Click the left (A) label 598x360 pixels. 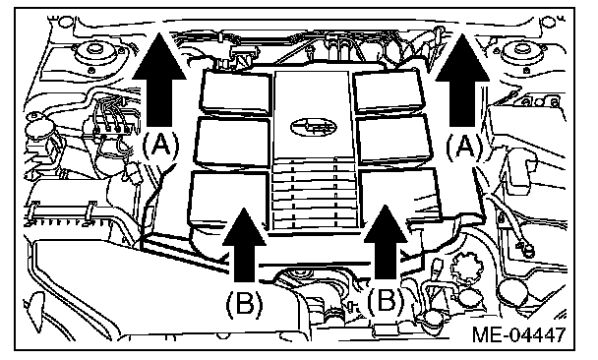click(x=160, y=146)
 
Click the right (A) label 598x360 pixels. click(x=464, y=146)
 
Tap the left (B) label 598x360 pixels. click(x=245, y=304)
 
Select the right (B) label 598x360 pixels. click(x=386, y=299)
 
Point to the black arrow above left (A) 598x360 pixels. click(x=159, y=80)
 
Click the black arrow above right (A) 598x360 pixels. click(x=462, y=80)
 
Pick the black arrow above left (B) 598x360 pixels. click(x=244, y=245)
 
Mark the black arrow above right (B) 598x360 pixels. click(x=386, y=242)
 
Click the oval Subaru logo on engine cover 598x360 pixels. click(x=314, y=127)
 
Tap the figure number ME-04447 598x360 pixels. click(x=518, y=334)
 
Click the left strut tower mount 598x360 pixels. click(x=94, y=54)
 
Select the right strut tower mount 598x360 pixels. click(x=521, y=54)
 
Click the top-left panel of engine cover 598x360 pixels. click(x=235, y=91)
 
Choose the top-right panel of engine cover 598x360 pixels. click(x=389, y=90)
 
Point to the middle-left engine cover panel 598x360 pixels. click(x=232, y=143)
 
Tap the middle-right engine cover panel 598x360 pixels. click(x=394, y=140)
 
